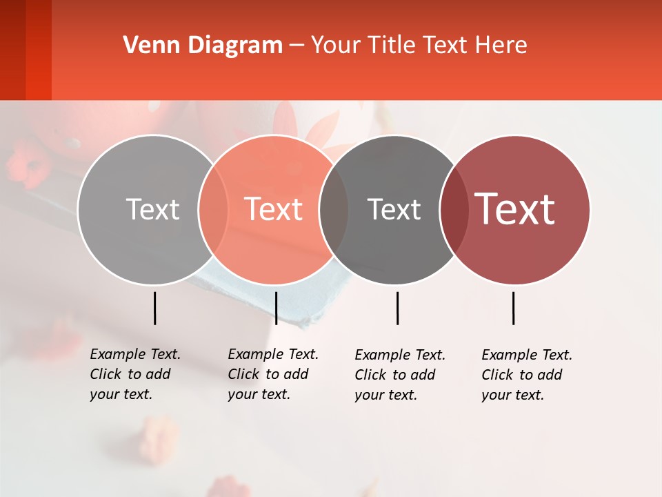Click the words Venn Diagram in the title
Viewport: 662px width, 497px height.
(203, 46)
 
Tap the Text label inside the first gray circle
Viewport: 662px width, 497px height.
(152, 209)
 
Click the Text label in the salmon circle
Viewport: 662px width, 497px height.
(273, 209)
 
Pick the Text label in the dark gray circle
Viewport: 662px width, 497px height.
(394, 209)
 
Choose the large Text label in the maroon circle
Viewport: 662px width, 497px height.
(514, 209)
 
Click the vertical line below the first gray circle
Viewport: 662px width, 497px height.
(154, 308)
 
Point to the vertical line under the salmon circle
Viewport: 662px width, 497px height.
(276, 308)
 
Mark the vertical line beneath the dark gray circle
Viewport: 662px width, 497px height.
(397, 308)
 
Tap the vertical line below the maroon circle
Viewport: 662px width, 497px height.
(513, 308)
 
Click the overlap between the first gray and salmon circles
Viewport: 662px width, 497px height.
(213, 209)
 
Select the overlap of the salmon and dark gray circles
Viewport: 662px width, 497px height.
(334, 209)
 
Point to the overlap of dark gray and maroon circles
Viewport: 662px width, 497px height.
(454, 209)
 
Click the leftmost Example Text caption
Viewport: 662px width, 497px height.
(134, 374)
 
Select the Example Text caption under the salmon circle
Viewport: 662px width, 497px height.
(272, 374)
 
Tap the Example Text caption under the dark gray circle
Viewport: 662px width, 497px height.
(399, 375)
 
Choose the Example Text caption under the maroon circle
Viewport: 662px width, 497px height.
(526, 375)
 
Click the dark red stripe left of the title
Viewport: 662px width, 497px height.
(26, 50)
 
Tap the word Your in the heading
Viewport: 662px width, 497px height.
(336, 46)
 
